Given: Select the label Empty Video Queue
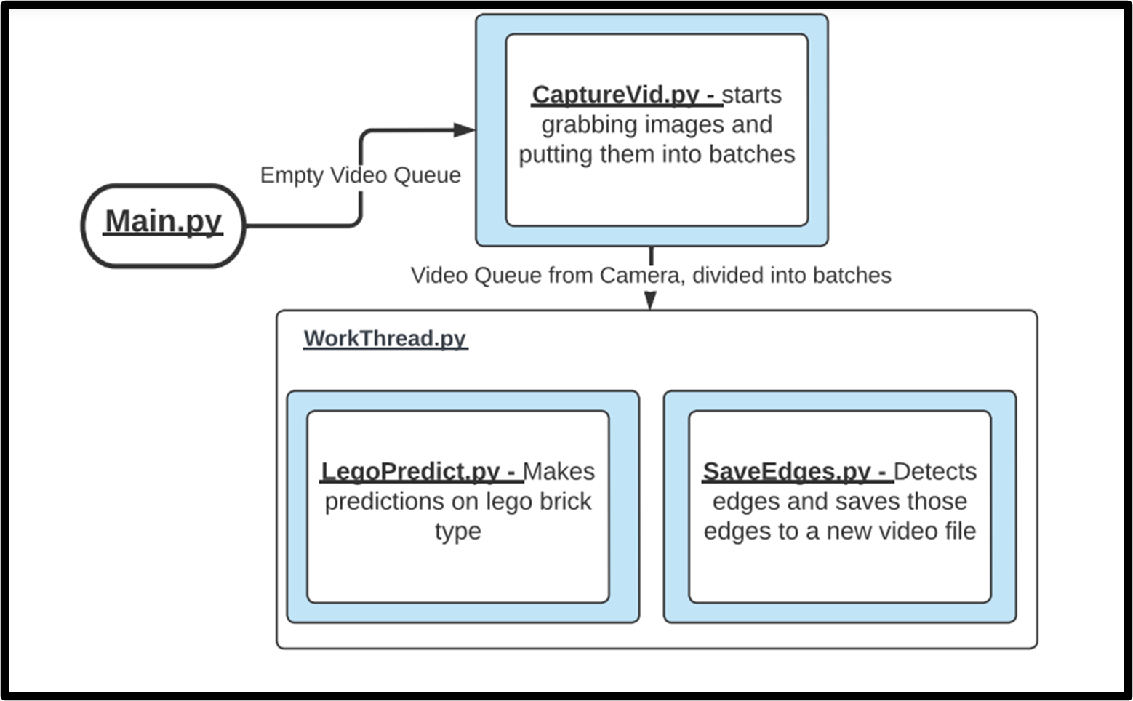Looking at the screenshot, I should (x=360, y=175).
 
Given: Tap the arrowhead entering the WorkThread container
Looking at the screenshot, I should (x=650, y=300).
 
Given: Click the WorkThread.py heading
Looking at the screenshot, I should (x=385, y=338).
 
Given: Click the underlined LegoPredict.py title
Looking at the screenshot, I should (x=419, y=471).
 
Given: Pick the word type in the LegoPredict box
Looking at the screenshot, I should (x=457, y=532).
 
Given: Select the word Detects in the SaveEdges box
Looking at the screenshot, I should (x=935, y=471).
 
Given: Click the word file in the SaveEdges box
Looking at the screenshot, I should (x=959, y=532).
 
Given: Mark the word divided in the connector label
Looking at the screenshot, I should (x=724, y=276).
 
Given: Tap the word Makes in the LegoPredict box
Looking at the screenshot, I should (x=559, y=471).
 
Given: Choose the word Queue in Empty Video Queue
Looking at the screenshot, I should (x=428, y=175).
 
